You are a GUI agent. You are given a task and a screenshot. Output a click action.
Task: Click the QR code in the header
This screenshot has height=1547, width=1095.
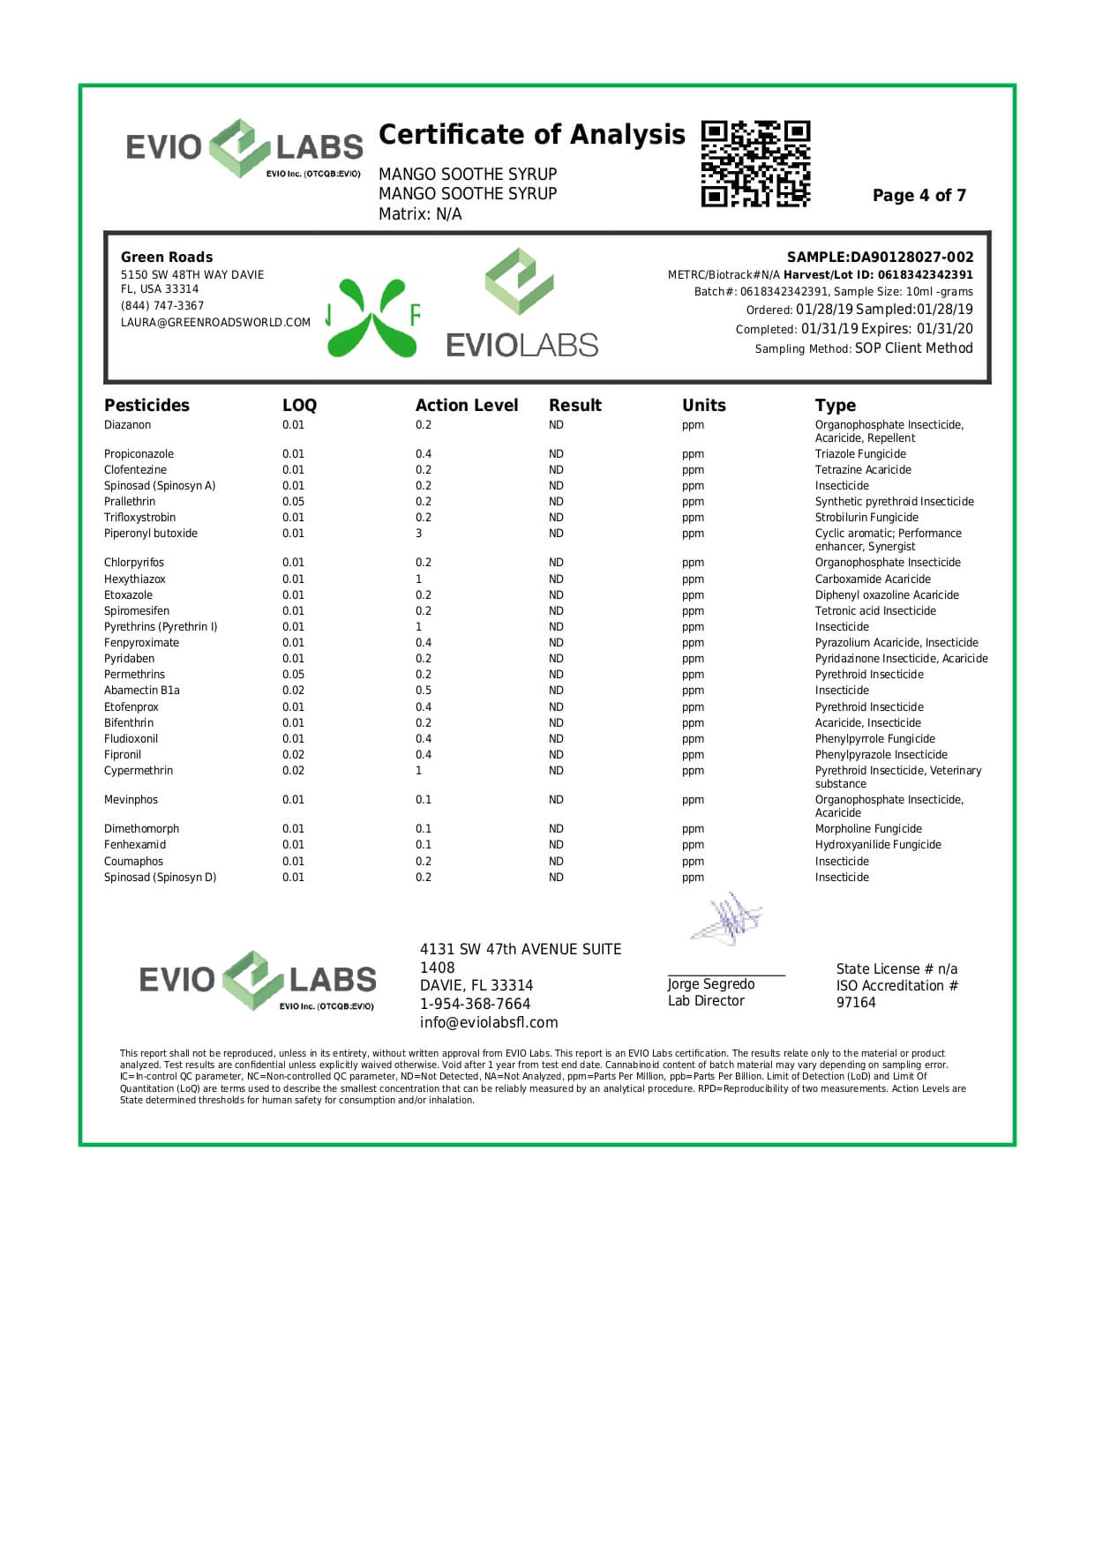[x=755, y=164]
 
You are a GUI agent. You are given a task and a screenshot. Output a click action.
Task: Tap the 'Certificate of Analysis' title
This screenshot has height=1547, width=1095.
[x=531, y=135]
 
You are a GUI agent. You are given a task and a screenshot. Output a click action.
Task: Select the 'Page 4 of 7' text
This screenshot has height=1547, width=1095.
[x=919, y=196]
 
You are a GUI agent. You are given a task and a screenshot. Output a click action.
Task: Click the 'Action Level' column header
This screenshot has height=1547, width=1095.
[x=467, y=406]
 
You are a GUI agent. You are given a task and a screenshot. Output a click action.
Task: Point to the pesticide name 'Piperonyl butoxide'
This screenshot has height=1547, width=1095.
[x=151, y=534]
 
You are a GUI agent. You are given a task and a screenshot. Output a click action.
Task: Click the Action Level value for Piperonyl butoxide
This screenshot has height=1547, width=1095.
[x=419, y=534]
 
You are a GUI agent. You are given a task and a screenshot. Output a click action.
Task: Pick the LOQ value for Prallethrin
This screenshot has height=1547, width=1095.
[x=293, y=502]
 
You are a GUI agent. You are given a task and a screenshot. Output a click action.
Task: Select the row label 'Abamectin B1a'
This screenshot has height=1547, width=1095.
[x=142, y=691]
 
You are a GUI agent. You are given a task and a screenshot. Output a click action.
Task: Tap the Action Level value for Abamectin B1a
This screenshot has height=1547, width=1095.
[x=424, y=691]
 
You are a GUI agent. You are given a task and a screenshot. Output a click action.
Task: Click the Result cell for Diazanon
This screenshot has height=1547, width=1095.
[x=556, y=425]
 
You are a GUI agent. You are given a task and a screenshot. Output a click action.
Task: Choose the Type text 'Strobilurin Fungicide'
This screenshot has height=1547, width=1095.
[x=866, y=518]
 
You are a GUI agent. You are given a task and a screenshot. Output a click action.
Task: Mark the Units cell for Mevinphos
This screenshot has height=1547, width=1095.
[x=693, y=800]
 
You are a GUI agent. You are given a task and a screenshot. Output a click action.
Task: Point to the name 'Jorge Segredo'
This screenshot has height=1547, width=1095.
[x=711, y=984]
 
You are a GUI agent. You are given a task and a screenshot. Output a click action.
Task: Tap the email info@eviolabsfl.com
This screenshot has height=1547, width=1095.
[x=489, y=1023]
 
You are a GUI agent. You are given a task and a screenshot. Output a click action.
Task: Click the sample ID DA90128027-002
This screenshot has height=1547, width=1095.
[x=911, y=258]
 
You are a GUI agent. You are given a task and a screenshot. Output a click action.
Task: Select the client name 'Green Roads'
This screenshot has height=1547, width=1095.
[x=167, y=258]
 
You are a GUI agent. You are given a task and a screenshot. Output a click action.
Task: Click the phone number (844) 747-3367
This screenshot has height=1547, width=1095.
[x=162, y=306]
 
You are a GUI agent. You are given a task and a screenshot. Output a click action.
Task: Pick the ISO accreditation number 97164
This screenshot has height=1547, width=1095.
[x=856, y=1003]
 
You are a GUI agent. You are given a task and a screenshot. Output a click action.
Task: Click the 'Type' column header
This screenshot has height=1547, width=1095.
[x=836, y=406]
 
